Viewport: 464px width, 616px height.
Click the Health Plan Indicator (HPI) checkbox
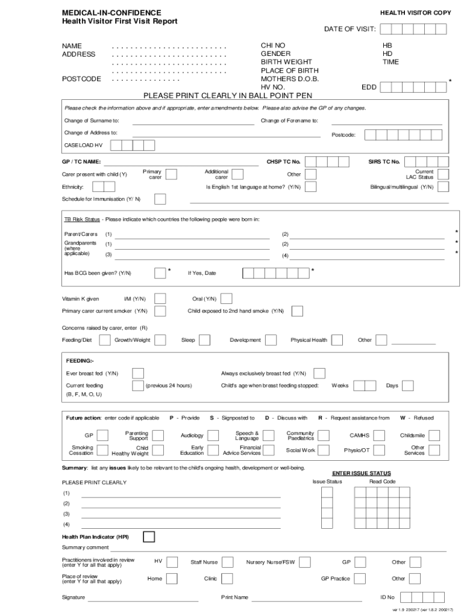point(148,537)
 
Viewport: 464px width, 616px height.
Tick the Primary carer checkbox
point(171,174)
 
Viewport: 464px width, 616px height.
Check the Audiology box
point(216,435)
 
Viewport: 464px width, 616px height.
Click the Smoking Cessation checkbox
point(103,450)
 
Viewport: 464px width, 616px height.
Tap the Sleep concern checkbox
point(205,340)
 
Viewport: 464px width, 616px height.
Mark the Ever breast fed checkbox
point(138,374)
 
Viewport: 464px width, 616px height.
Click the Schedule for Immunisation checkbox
point(160,199)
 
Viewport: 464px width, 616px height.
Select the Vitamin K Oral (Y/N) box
point(227,298)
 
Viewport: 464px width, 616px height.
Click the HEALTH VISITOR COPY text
point(415,13)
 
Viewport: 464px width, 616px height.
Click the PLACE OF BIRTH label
point(289,70)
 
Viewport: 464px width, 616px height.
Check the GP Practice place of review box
point(360,579)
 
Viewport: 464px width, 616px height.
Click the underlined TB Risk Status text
point(82,219)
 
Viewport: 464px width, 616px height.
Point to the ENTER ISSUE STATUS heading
point(362,473)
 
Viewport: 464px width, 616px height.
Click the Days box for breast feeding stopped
point(408,386)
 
